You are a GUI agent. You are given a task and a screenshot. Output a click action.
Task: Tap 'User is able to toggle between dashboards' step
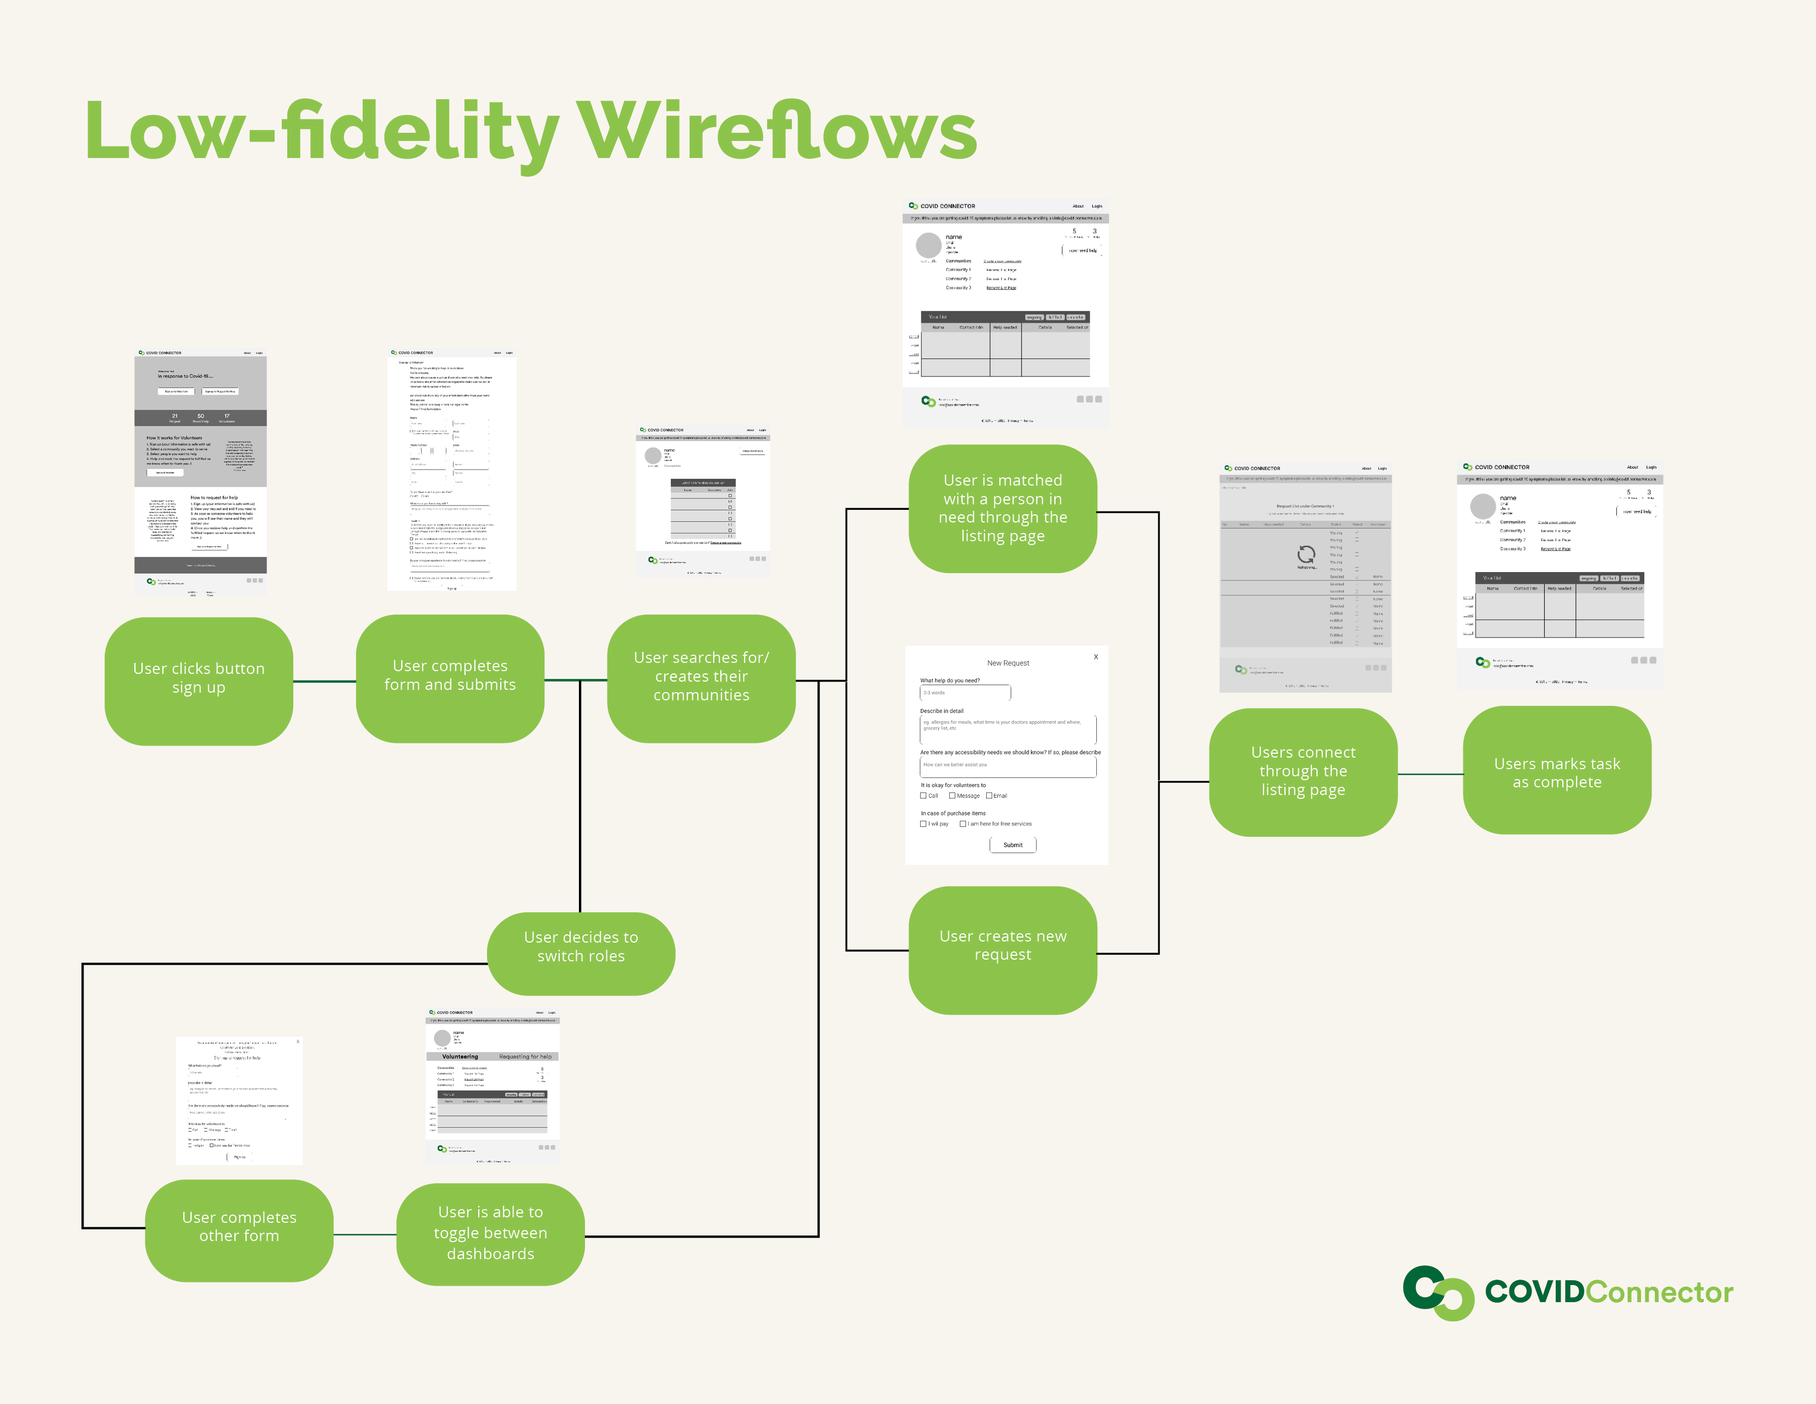pos(490,1233)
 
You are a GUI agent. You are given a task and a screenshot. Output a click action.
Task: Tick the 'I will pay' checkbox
pos(923,824)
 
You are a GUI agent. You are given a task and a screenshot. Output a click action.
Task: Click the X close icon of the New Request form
pos(1096,657)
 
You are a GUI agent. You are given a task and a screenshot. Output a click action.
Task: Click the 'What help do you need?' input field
pos(965,693)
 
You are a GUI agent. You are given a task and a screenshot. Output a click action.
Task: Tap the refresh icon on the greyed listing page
pos(1306,554)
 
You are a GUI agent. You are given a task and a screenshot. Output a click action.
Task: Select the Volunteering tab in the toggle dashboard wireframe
pos(460,1057)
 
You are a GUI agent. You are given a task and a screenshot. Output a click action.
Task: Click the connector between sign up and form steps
pos(324,681)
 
